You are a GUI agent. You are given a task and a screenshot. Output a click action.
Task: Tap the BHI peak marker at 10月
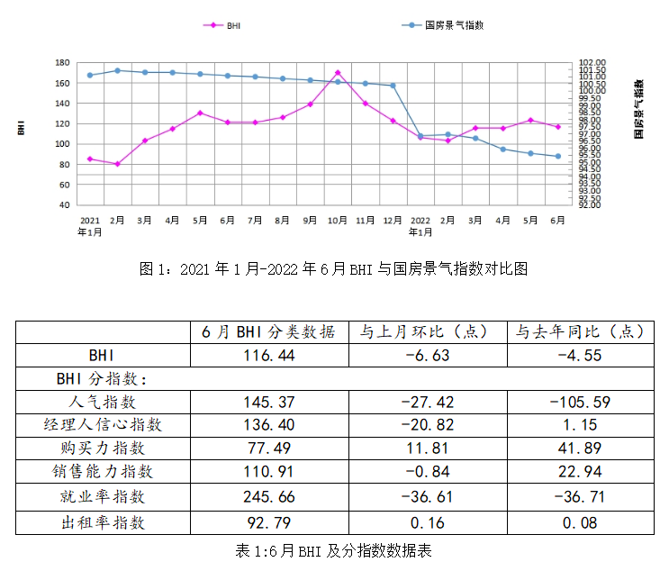point(338,72)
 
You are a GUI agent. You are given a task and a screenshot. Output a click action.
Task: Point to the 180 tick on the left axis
point(62,63)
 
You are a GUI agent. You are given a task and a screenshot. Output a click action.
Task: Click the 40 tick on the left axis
point(64,204)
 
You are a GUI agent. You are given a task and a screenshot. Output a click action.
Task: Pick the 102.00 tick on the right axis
point(593,63)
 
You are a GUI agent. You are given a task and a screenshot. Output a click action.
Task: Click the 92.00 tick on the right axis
point(593,204)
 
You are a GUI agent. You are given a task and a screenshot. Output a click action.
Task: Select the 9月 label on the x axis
point(310,220)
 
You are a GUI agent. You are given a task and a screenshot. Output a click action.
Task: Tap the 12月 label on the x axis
point(393,220)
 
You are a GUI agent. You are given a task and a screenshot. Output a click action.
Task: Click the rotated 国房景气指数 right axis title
point(638,108)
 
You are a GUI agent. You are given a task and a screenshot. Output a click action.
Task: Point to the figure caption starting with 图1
point(333,268)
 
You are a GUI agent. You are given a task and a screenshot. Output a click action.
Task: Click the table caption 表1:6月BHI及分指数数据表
point(333,550)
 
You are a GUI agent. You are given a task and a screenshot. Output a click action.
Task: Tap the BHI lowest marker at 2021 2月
point(117,164)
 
